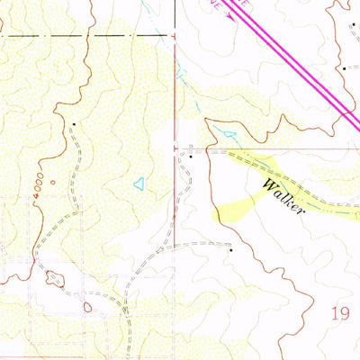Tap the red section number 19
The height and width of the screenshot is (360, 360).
click(339, 314)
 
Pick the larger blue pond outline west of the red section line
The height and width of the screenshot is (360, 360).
click(139, 184)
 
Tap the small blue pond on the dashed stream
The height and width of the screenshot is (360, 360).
click(229, 135)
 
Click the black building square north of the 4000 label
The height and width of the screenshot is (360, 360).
click(73, 123)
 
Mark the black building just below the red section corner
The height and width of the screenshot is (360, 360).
click(191, 157)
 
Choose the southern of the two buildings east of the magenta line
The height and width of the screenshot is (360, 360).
click(343, 67)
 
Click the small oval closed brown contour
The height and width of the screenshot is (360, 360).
click(87, 307)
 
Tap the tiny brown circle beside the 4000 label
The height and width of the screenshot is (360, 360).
click(52, 183)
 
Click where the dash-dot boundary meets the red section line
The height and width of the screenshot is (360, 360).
click(174, 36)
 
